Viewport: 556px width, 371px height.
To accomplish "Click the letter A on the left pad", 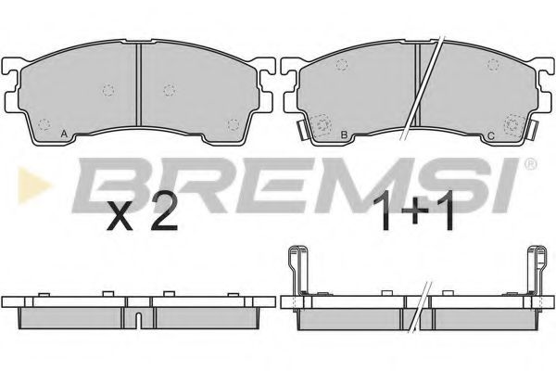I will coord(62,135).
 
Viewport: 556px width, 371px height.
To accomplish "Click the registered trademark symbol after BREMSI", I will coord(529,165).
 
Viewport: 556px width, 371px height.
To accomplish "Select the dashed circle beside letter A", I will coord(46,121).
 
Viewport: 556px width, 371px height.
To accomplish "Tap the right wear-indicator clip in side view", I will coord(535,269).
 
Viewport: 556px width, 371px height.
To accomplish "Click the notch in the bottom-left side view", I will coord(138,322).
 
